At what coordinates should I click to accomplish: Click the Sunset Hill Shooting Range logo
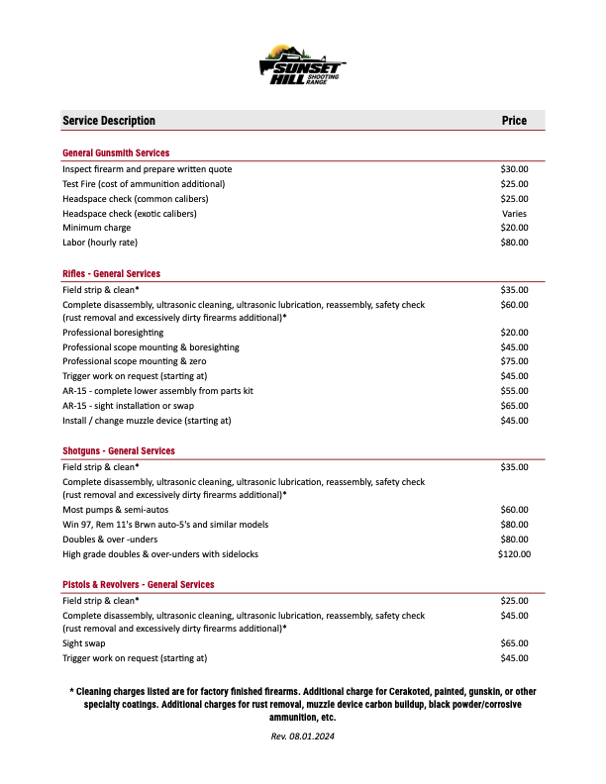(x=302, y=68)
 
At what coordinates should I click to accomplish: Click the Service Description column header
(x=109, y=121)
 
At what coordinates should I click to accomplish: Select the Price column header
(x=514, y=121)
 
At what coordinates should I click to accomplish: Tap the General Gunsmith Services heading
(x=116, y=153)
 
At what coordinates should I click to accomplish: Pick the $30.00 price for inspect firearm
(x=514, y=169)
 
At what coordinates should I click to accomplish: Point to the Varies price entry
(x=514, y=213)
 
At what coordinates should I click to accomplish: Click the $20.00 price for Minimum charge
(x=514, y=228)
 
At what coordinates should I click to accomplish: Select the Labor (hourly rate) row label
(x=100, y=243)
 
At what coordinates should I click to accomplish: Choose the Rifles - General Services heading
(x=111, y=273)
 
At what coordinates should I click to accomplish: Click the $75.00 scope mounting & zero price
(x=514, y=362)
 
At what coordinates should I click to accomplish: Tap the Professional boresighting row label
(x=113, y=333)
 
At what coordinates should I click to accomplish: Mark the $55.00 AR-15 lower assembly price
(x=514, y=391)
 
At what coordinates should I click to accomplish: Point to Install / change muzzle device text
(x=147, y=421)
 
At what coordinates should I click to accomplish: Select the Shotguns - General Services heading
(x=118, y=450)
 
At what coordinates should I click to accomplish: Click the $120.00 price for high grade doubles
(x=514, y=554)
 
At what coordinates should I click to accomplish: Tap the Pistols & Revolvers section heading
(x=139, y=584)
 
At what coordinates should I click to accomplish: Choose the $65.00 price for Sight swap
(x=514, y=643)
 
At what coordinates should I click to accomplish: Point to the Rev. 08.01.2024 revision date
(x=303, y=736)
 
